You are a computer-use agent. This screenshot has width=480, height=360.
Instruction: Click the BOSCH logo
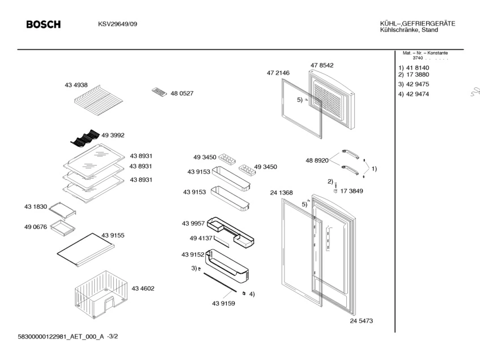point(43,24)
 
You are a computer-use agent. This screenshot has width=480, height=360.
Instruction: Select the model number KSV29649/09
point(117,24)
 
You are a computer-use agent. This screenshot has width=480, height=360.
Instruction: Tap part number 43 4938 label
point(76,85)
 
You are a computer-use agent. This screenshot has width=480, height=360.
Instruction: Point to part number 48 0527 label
point(182,94)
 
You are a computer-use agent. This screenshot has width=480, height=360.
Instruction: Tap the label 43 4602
point(143,289)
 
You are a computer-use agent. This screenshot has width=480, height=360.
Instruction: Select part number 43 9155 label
point(113,235)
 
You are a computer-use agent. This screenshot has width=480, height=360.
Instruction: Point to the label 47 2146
point(278,73)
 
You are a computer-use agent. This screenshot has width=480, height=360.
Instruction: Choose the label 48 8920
point(317,160)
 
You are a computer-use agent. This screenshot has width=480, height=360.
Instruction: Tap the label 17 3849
point(351,191)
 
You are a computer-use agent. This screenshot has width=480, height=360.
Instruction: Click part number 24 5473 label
point(361,321)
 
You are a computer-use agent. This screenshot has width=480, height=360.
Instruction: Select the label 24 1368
point(281,193)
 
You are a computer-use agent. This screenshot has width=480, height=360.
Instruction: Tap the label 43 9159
point(224,303)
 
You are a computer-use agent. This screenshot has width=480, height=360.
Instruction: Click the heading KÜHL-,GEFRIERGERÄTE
point(418,23)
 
